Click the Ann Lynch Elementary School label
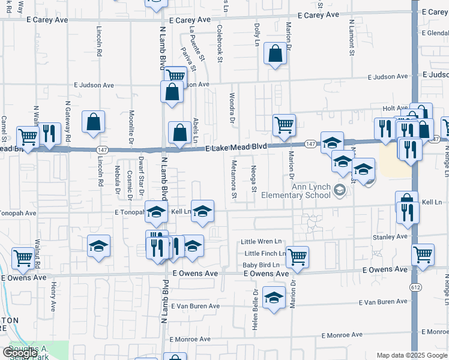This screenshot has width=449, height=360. click(x=311, y=190)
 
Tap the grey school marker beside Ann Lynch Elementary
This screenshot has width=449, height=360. click(x=340, y=191)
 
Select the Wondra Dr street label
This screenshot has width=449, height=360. click(x=232, y=107)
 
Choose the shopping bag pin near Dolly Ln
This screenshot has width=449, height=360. click(x=274, y=55)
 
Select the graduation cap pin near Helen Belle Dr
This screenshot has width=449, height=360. click(x=274, y=298)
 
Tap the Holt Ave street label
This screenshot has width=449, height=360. click(x=391, y=108)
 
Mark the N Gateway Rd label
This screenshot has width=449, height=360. click(x=68, y=124)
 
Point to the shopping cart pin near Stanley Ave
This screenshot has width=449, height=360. click(x=423, y=254)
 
